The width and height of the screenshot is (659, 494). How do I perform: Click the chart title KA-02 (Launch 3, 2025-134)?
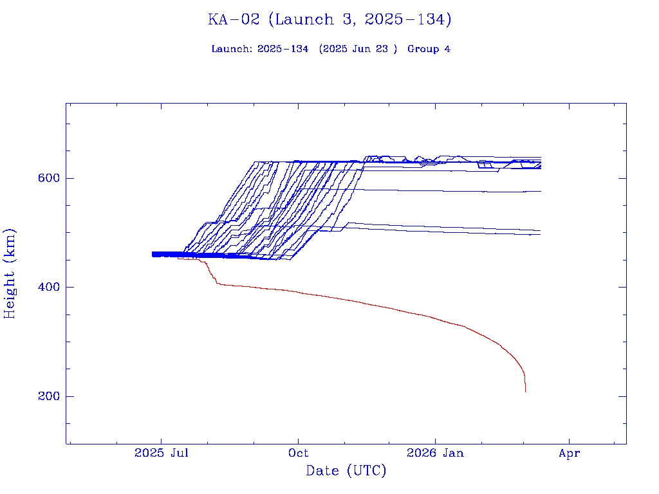(x=329, y=20)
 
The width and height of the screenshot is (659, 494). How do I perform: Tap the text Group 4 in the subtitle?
(x=429, y=50)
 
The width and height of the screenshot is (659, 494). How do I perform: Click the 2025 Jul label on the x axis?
(x=162, y=453)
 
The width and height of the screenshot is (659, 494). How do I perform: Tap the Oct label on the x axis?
(x=298, y=453)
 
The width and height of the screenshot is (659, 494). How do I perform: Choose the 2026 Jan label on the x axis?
(x=435, y=453)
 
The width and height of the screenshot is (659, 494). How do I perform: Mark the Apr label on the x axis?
(x=570, y=453)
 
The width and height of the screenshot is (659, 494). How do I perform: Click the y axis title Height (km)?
(x=10, y=273)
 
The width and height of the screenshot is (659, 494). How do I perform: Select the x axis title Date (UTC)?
(x=346, y=471)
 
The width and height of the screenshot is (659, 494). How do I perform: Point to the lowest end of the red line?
(x=525, y=391)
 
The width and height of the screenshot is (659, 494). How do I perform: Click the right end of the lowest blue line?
(x=540, y=234)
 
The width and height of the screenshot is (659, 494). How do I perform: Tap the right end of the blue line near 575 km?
(x=541, y=191)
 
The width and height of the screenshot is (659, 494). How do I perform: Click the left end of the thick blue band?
(x=153, y=255)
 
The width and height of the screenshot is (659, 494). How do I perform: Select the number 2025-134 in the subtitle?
(x=283, y=50)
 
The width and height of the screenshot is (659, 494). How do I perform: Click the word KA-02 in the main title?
(x=234, y=20)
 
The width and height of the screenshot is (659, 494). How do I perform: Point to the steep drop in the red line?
(x=211, y=273)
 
